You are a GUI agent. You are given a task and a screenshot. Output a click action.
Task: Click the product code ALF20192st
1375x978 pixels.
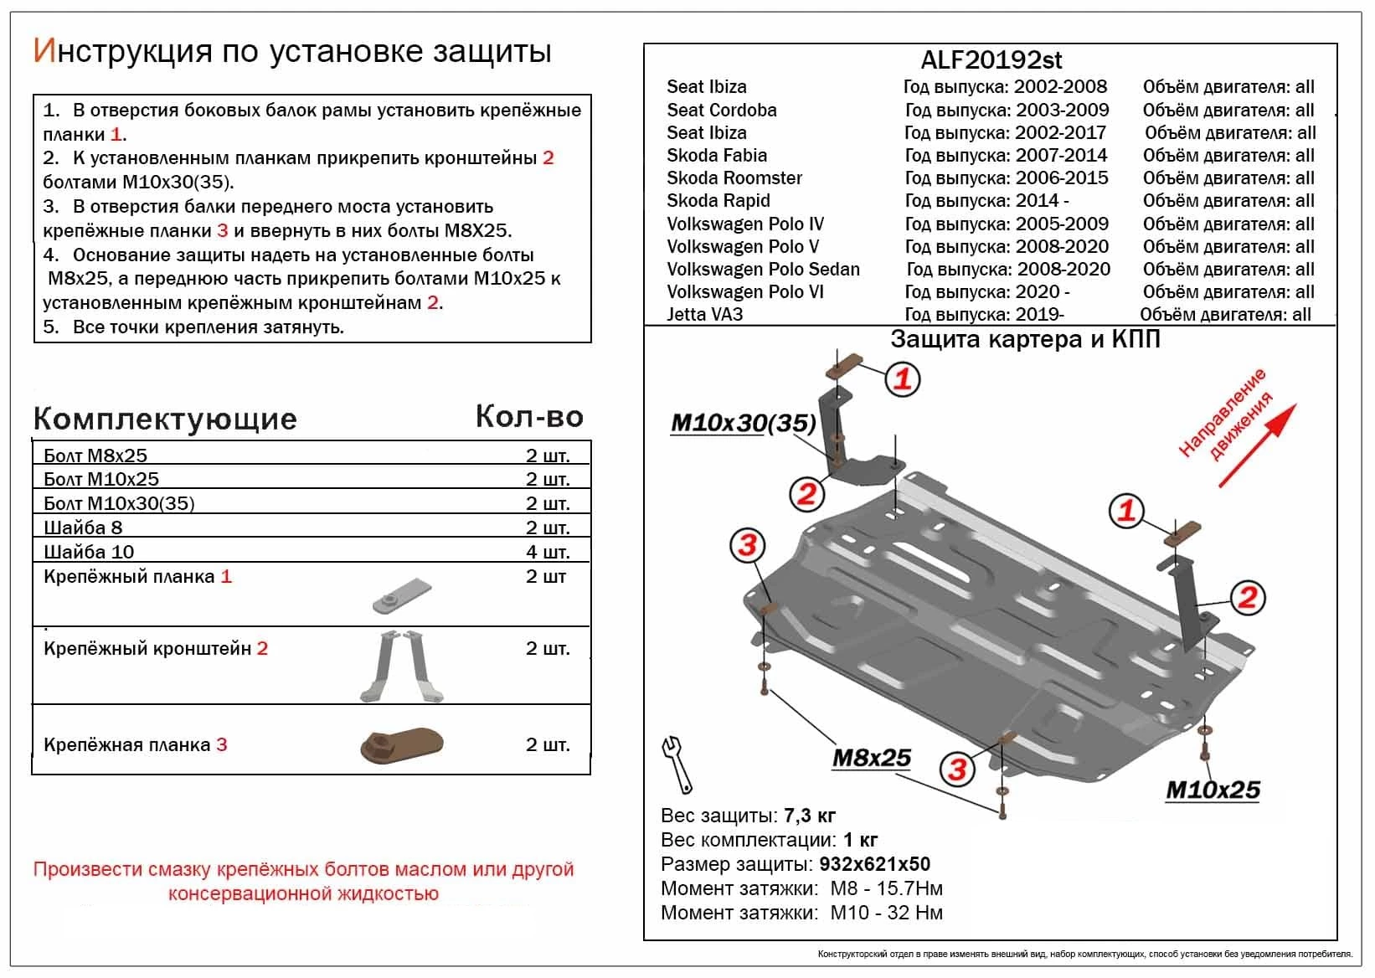[x=991, y=60]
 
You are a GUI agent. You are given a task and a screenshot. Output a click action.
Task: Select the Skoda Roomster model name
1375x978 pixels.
[x=734, y=178]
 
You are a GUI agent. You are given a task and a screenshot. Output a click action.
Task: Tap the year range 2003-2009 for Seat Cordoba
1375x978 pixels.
[x=1062, y=110]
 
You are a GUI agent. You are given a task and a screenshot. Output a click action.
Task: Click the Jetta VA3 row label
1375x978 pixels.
[x=704, y=315]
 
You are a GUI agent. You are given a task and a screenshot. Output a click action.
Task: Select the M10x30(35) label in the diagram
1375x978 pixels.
[x=743, y=423]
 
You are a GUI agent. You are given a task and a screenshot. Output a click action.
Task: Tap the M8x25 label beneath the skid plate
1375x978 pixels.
[x=871, y=758]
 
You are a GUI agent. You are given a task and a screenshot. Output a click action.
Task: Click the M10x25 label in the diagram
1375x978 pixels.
[x=1213, y=790]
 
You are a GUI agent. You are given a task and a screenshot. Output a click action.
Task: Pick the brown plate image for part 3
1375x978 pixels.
[x=401, y=744]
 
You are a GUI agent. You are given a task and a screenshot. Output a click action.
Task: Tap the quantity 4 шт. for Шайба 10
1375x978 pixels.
[x=548, y=552]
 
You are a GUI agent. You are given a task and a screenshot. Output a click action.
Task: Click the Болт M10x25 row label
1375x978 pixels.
[x=101, y=479]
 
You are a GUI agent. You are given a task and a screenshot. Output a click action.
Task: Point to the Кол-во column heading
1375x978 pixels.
[x=529, y=417]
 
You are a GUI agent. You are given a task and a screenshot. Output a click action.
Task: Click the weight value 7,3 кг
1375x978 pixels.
[x=809, y=816]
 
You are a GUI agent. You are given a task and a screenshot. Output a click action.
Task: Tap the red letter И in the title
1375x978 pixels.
[x=44, y=51]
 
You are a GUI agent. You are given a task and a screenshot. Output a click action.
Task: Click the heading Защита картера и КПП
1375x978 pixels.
[x=1025, y=339]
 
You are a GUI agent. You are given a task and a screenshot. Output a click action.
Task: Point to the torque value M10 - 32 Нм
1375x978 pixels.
[x=886, y=913]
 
